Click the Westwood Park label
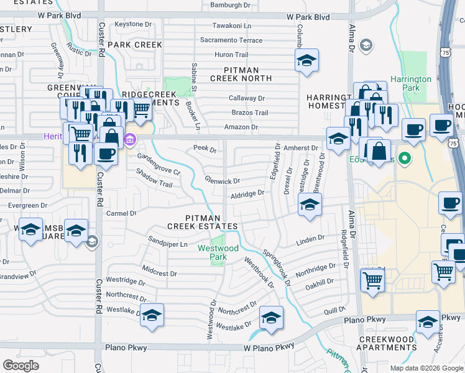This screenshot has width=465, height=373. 218,252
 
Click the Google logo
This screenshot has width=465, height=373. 21,366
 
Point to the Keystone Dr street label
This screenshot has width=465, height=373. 129,24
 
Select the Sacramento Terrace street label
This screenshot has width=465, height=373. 231,40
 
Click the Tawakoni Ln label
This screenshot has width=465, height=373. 232,26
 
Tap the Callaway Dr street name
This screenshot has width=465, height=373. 247,98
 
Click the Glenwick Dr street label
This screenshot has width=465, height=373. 222,180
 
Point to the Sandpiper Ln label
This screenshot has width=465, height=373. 167,244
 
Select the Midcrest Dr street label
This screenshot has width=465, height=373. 160,273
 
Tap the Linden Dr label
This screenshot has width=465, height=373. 311,238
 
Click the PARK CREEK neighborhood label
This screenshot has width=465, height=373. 135,45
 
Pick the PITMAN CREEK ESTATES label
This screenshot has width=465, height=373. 211,222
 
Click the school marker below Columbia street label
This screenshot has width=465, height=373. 306,60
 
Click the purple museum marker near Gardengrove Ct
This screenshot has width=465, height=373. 130,138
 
